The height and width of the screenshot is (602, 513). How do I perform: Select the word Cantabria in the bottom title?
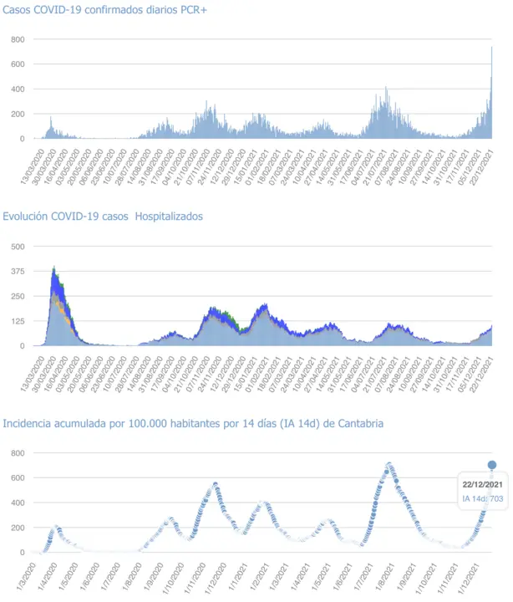359,424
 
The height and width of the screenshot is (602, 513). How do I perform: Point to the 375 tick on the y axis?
18,271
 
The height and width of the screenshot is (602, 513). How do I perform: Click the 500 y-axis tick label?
18,246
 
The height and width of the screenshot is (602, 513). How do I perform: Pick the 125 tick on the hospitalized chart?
18,321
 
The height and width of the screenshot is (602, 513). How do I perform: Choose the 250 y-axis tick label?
18,296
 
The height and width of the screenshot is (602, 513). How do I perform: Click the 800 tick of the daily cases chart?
18,39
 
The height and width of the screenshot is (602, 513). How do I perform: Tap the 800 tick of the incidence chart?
18,452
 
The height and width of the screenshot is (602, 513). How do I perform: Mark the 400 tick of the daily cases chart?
18,89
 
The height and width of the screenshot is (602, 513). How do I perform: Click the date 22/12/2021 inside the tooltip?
482,485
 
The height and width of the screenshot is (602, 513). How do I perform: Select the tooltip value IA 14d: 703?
482,499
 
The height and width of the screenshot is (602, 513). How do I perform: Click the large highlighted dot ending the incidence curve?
492,465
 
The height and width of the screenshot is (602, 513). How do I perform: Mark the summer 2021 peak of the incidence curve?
389,465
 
